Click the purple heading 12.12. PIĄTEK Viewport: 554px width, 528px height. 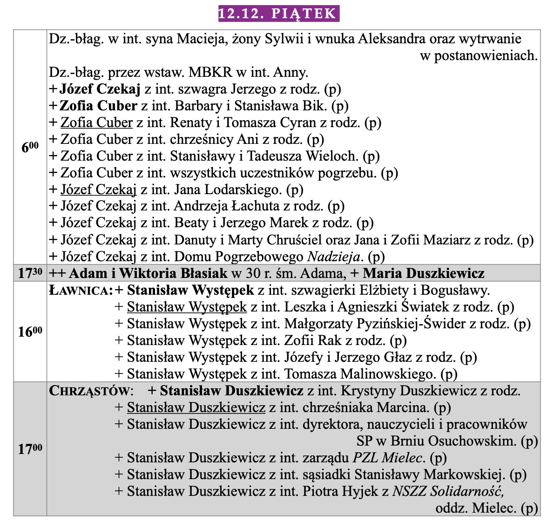point(278,13)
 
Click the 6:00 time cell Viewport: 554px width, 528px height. point(30,147)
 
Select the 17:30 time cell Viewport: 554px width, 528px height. point(30,273)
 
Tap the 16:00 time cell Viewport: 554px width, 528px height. point(30,332)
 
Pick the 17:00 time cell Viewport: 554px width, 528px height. point(30,449)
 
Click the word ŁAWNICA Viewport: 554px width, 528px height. point(81,291)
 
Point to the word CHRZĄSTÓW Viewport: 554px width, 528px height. point(90,391)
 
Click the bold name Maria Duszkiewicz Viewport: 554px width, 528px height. point(424,273)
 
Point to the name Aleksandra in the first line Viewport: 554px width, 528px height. point(394,39)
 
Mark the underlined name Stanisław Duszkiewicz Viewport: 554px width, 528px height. point(196,408)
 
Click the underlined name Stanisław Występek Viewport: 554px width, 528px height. point(187,307)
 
